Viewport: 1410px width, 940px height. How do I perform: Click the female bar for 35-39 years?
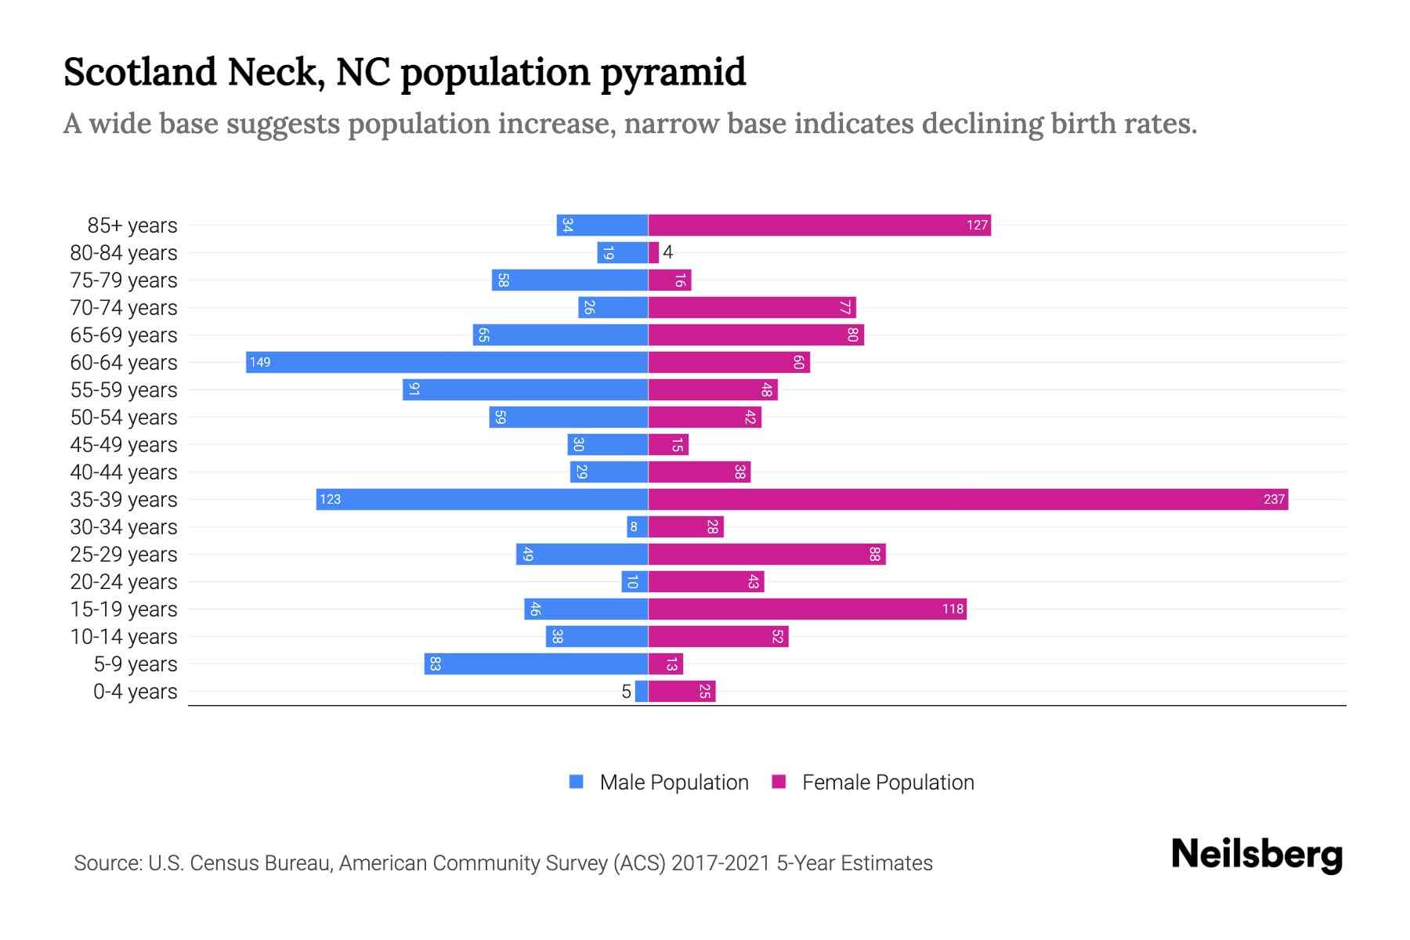[967, 499]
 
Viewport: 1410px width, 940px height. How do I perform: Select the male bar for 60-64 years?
[446, 362]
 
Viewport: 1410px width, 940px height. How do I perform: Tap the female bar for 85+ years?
[819, 225]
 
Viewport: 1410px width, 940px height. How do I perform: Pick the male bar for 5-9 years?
[536, 663]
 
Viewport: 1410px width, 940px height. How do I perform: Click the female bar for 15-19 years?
[807, 609]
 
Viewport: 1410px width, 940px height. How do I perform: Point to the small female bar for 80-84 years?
[653, 252]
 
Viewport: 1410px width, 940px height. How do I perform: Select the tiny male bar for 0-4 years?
[642, 691]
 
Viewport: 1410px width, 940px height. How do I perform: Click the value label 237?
[1274, 499]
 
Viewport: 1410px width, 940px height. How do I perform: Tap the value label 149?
[260, 362]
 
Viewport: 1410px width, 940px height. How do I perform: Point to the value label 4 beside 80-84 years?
[667, 252]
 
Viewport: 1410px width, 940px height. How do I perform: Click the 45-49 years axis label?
[124, 444]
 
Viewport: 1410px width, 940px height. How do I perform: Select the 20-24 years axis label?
[124, 581]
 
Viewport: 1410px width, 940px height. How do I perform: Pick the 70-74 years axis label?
[124, 307]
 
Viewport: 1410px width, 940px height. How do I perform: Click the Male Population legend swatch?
[577, 782]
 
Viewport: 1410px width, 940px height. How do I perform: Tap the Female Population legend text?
[888, 782]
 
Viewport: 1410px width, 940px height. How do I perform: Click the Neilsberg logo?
[1256, 854]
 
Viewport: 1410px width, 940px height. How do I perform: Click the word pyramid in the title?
[673, 73]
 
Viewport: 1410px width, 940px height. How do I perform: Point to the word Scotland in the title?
[140, 71]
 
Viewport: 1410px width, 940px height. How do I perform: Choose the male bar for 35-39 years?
[482, 499]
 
